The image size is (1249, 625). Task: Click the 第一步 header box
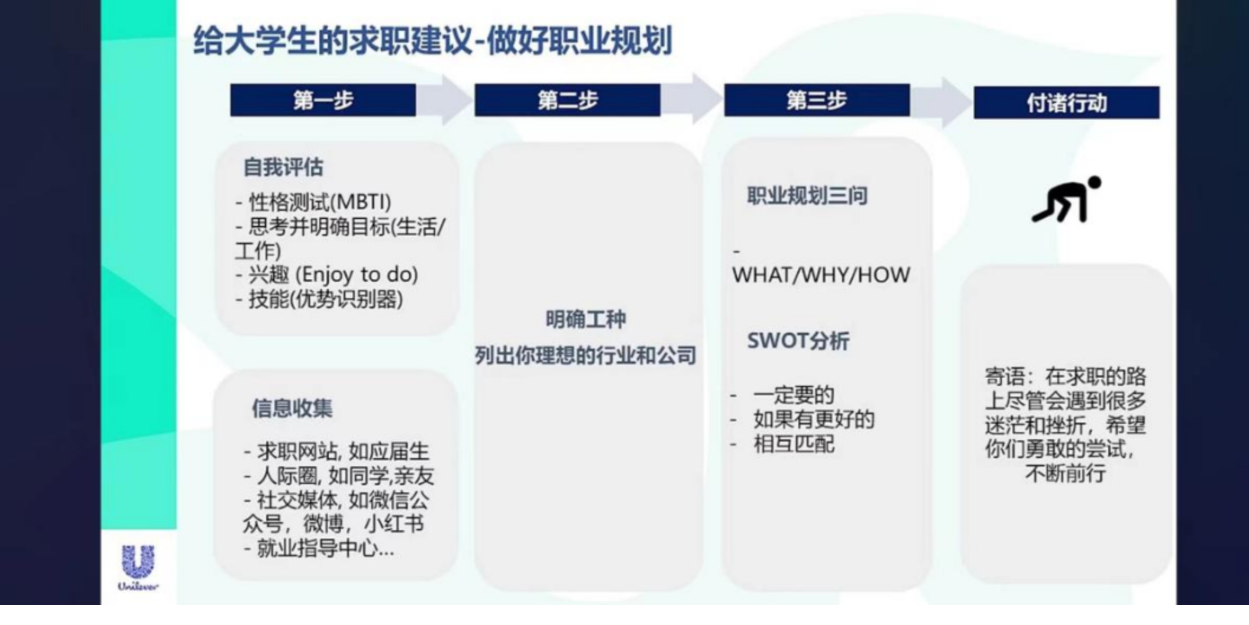click(323, 100)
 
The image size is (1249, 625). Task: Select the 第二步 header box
click(567, 100)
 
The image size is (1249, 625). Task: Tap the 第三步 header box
click(817, 100)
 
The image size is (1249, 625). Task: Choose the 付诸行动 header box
click(1066, 102)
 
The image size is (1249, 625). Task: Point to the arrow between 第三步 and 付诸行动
click(941, 102)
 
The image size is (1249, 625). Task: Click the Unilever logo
click(138, 568)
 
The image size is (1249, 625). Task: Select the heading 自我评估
click(283, 167)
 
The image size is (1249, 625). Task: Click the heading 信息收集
click(292, 408)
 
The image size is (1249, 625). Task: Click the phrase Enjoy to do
click(357, 275)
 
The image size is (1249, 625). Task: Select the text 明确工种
click(585, 320)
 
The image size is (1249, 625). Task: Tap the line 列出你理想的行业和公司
click(585, 356)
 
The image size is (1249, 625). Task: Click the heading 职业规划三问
click(807, 196)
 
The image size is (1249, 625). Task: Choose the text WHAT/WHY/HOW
click(821, 275)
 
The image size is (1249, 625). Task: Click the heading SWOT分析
click(798, 341)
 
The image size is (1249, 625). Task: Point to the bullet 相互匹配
click(794, 444)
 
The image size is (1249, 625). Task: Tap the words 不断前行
click(1066, 473)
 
